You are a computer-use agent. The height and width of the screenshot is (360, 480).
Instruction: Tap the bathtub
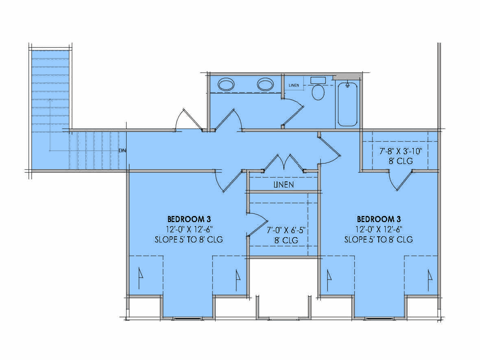(348, 104)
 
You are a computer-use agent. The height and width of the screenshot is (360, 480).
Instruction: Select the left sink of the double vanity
(226, 84)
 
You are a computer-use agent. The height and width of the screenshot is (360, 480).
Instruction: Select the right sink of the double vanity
(266, 84)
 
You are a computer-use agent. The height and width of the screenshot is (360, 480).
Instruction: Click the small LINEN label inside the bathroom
(294, 85)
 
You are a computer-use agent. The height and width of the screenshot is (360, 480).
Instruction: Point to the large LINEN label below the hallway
(284, 185)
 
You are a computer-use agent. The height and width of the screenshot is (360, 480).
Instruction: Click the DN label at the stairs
(122, 151)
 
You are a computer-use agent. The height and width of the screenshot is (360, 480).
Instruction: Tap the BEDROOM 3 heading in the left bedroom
(189, 219)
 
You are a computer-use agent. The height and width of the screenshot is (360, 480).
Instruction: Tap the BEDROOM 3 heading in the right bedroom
(379, 219)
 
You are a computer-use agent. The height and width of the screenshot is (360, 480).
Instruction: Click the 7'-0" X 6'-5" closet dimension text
(286, 230)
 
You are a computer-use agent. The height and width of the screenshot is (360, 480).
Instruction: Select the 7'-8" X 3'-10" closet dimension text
(401, 151)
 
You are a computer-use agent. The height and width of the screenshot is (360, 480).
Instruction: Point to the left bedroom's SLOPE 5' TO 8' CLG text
(189, 240)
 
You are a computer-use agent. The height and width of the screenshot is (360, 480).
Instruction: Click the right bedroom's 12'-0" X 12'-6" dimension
(379, 229)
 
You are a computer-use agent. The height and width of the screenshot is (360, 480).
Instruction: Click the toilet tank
(318, 80)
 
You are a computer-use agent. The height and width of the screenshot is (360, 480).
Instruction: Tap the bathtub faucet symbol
(348, 85)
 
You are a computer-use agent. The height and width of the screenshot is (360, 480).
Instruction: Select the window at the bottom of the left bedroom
(188, 319)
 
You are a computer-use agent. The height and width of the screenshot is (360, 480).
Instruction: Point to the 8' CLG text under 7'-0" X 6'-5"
(286, 240)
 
